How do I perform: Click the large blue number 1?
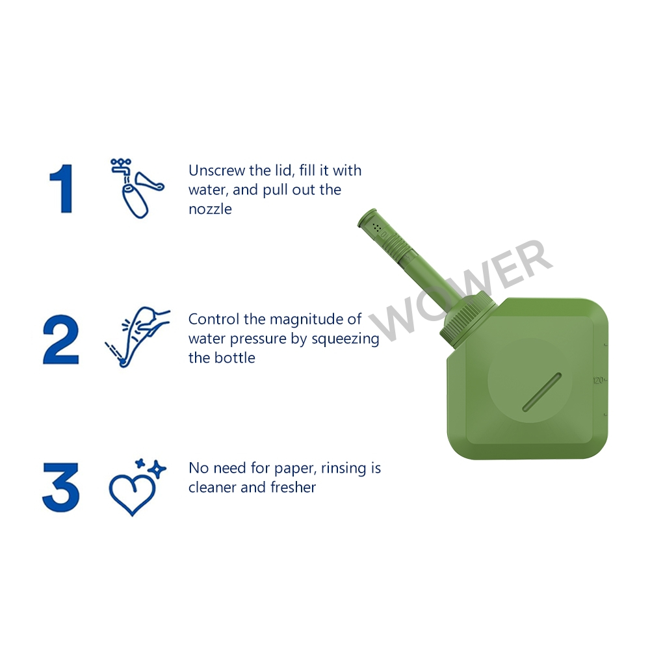coord(62,188)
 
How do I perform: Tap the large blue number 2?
coord(60,340)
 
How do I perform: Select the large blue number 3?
coord(61,486)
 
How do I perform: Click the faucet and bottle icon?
coord(137,188)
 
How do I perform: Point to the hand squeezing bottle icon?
coord(137,337)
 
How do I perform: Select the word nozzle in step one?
coord(210,209)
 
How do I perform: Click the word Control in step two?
coord(213,319)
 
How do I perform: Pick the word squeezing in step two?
coord(345,339)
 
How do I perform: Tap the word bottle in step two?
coord(236,357)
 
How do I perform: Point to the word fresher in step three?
coord(293,487)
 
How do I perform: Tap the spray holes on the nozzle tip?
coord(376,227)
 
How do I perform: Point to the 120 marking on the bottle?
coord(598,380)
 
